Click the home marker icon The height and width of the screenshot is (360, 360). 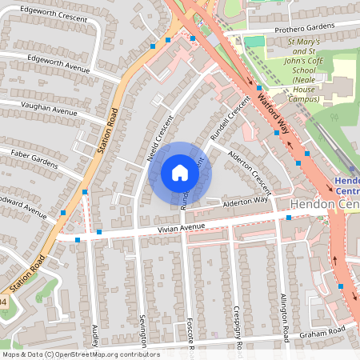click(x=180, y=172)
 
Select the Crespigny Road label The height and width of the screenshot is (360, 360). click(x=238, y=324)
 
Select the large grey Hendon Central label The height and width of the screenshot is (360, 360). click(x=324, y=205)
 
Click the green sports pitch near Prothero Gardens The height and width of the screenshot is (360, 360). click(x=254, y=41)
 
